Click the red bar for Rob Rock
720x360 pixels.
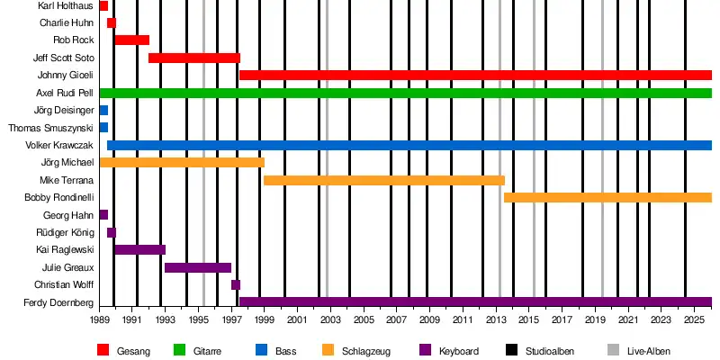pos(131,40)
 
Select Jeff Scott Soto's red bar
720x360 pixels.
pos(193,58)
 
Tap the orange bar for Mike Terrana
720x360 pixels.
pos(383,180)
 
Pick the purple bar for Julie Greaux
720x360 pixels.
pos(198,267)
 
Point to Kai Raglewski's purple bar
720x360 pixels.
pos(139,249)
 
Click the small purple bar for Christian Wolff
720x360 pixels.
pos(236,284)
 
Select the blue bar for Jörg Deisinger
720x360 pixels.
pos(103,110)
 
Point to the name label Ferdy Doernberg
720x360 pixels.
pos(58,302)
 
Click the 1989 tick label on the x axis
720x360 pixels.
pos(99,319)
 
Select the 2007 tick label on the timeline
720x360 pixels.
pos(397,319)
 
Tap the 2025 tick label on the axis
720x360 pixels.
pos(695,319)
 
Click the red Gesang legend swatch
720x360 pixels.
pos(103,350)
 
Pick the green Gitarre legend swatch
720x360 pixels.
pos(180,350)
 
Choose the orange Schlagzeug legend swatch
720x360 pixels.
pos(329,350)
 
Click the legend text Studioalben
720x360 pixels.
pos(549,351)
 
